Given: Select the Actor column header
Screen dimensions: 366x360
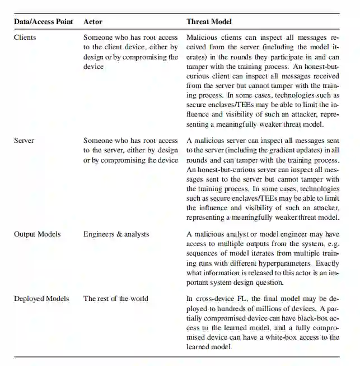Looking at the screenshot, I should click(x=93, y=22).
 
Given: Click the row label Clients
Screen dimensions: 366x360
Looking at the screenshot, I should click(x=25, y=38).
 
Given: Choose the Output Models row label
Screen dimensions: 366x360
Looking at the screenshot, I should click(x=38, y=234).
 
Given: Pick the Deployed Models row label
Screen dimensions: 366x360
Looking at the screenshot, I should click(x=41, y=298).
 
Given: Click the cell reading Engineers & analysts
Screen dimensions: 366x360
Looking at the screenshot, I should click(x=116, y=234).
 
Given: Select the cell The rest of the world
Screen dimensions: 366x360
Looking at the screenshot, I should click(x=116, y=298).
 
